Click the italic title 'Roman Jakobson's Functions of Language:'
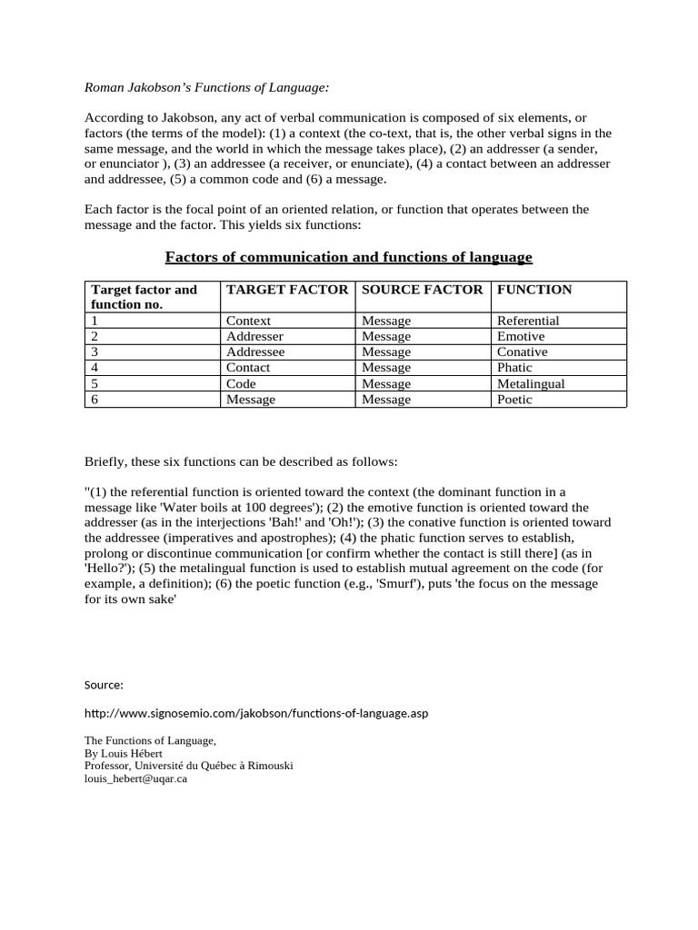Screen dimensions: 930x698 coord(206,88)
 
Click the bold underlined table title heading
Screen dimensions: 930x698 coord(348,257)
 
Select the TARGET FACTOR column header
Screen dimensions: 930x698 coord(286,290)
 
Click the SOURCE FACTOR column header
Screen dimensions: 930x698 coord(422,290)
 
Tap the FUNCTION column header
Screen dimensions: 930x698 coord(534,290)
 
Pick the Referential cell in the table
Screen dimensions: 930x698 coord(528,321)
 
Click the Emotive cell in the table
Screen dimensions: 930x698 coord(521,336)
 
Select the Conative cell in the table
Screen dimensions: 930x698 coord(523,351)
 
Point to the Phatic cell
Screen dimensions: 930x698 coord(515,367)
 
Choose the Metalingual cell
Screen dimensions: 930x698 coord(531,383)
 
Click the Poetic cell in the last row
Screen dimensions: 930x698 coord(514,399)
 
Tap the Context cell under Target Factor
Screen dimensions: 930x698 coord(248,321)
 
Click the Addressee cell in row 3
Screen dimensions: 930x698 coord(254,351)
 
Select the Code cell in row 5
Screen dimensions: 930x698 coord(242,383)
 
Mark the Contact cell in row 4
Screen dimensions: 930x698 coord(248,367)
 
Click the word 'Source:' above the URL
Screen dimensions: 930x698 coord(104,684)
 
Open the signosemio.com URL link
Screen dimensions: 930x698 coord(255,713)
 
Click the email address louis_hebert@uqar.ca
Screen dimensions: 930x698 coord(135,778)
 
